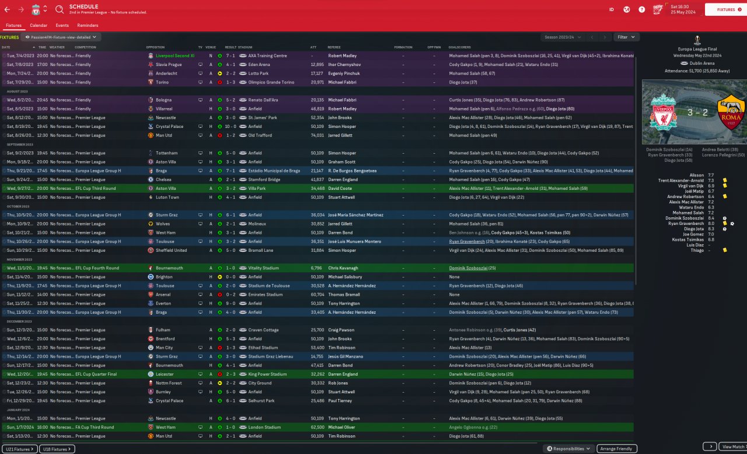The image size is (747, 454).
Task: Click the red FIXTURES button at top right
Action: coord(725,9)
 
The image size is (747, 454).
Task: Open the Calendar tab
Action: coord(39,26)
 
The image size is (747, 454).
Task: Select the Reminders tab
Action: coord(88,26)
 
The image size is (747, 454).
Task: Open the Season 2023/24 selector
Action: coord(563,37)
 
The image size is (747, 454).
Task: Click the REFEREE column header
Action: coord(334,47)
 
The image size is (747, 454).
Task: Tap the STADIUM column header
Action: coord(245,47)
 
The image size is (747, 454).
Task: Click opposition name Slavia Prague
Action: coord(169,64)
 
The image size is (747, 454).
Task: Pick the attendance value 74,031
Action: coord(317,135)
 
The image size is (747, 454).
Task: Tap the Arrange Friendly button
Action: coord(616,449)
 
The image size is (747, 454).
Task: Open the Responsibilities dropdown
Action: coord(568,449)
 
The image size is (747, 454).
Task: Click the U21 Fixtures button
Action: coord(19,449)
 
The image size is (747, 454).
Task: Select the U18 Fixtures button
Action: coord(57,449)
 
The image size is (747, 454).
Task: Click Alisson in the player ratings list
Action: coord(697,175)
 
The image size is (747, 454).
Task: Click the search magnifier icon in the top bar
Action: coord(60,9)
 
